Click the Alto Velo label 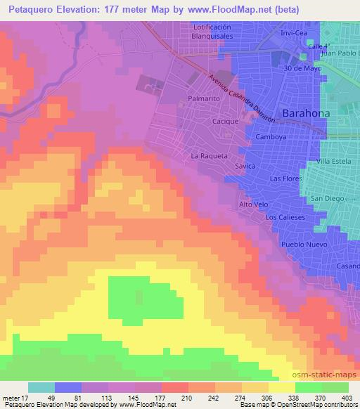(x=253, y=204)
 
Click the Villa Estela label (x=336, y=162)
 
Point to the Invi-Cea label (x=294, y=32)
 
